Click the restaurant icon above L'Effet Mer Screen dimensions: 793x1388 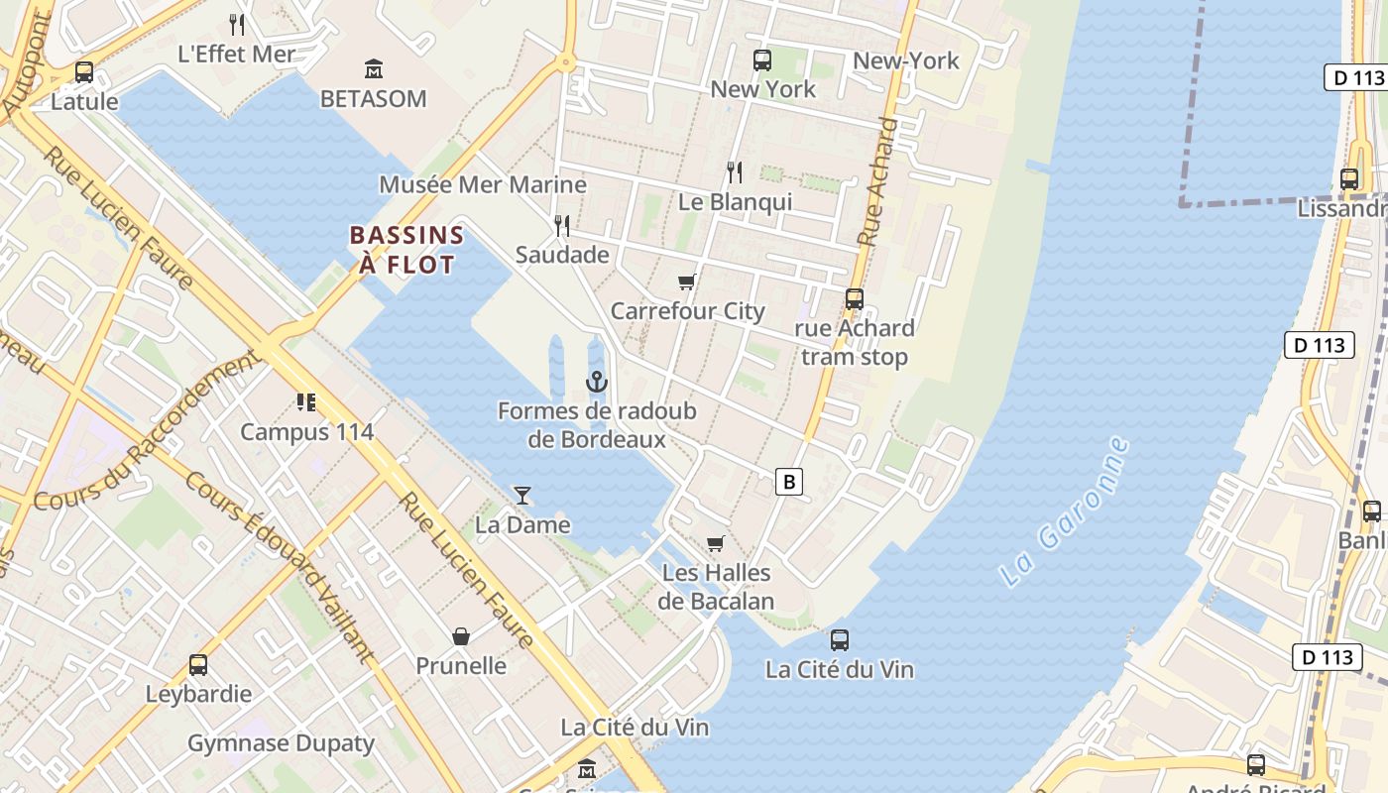[236, 24]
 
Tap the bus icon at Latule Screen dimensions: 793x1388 [84, 72]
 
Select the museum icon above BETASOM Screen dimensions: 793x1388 [374, 69]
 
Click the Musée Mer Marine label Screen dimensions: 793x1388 [483, 185]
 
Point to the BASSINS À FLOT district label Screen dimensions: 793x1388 [406, 250]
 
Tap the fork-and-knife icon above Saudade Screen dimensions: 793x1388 [562, 226]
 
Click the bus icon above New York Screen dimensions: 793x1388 [762, 60]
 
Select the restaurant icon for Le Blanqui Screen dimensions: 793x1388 [735, 172]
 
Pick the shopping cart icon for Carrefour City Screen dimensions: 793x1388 [687, 282]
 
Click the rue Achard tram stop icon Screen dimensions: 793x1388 [854, 298]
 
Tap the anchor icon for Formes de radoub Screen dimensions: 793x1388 [597, 382]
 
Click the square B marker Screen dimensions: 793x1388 [789, 483]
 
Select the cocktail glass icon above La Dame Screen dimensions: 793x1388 [522, 496]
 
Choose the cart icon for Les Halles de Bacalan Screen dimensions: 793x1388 [716, 543]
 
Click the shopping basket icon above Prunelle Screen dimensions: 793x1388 [461, 636]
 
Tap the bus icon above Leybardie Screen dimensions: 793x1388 [198, 664]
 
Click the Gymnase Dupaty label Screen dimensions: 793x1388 [281, 743]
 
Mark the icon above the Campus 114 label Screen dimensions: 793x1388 [306, 402]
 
